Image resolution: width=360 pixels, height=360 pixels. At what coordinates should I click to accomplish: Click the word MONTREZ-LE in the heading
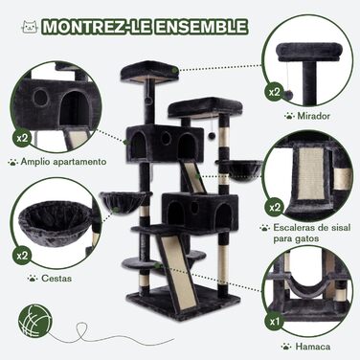click(97, 27)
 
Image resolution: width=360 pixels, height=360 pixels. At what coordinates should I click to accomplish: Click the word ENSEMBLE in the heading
click(201, 27)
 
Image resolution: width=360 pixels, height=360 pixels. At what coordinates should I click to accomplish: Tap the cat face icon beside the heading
click(31, 27)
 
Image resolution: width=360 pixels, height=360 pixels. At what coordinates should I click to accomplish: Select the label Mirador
click(313, 116)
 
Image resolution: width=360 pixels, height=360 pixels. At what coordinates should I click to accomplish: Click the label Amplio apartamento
click(63, 162)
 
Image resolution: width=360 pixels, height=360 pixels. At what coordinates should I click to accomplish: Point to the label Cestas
click(56, 279)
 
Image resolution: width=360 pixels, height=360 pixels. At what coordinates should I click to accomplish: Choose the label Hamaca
click(313, 347)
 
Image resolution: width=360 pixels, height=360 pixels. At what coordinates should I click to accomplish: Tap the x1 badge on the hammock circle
click(275, 321)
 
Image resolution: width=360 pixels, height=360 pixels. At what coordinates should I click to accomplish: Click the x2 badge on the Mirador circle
click(275, 93)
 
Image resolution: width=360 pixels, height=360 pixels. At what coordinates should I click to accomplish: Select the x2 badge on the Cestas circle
click(23, 256)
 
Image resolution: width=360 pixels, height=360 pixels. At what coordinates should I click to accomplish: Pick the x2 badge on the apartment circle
click(22, 138)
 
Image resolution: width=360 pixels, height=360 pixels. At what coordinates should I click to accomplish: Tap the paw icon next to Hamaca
click(286, 347)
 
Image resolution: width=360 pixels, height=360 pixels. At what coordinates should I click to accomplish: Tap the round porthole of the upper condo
click(166, 138)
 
